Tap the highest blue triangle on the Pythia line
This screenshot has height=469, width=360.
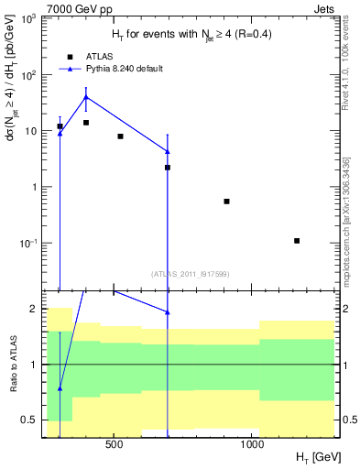pyautogui.click(x=86, y=96)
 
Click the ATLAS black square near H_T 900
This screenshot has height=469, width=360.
pyautogui.click(x=226, y=201)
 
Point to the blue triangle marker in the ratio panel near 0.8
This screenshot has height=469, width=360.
pyautogui.click(x=60, y=388)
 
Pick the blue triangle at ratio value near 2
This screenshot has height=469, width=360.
pyautogui.click(x=168, y=312)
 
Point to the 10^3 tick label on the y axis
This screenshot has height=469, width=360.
pyautogui.click(x=29, y=19)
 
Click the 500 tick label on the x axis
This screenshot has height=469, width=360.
pyautogui.click(x=115, y=446)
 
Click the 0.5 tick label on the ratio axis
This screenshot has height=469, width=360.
pyautogui.click(x=30, y=420)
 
